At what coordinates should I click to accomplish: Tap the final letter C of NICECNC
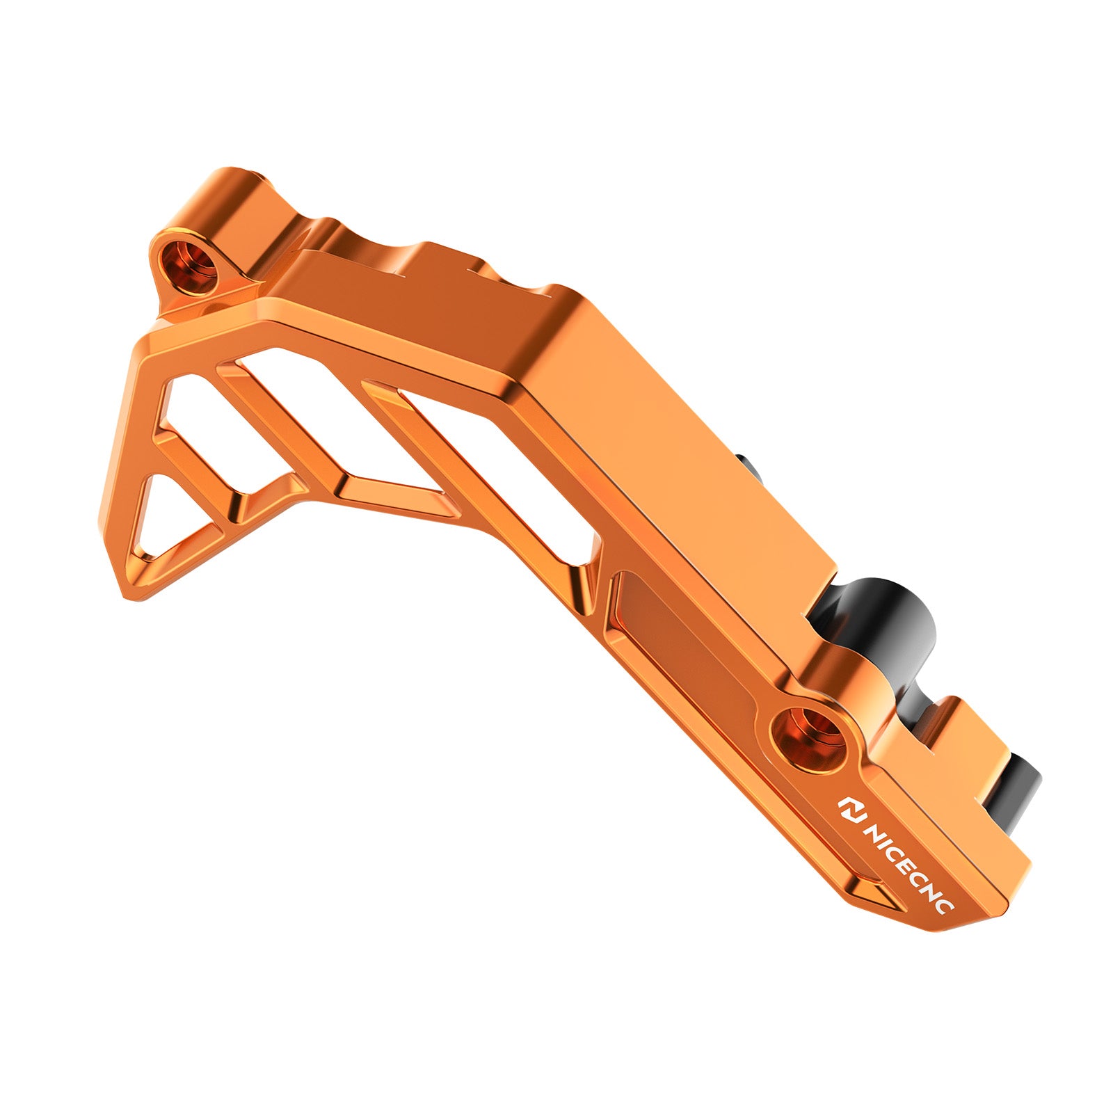coord(947,904)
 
